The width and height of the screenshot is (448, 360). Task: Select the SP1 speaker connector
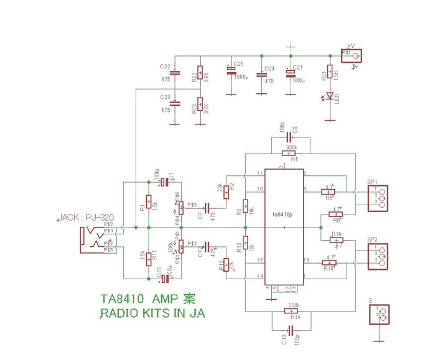click(379, 198)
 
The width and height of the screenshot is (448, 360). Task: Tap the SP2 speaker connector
click(379, 255)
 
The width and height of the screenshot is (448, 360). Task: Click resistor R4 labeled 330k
click(289, 152)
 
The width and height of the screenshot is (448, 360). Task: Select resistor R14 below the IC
click(291, 311)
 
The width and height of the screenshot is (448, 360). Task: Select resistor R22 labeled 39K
click(200, 75)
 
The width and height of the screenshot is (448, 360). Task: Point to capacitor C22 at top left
click(175, 73)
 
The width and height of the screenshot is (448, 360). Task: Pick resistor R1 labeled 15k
click(148, 205)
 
